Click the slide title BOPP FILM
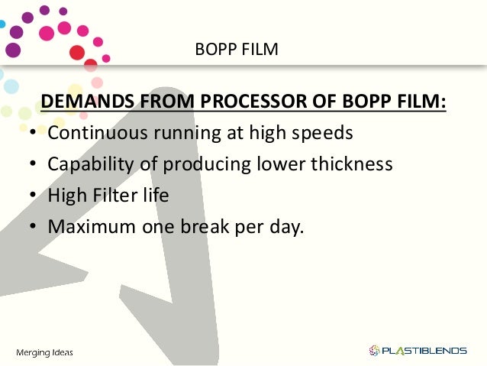(237, 51)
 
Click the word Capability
(89, 164)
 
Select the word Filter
(116, 196)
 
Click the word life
(155, 196)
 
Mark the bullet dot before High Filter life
(34, 196)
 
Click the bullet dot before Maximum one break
(34, 228)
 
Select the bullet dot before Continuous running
(34, 134)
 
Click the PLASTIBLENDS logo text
(424, 351)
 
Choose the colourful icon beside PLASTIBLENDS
(374, 351)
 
